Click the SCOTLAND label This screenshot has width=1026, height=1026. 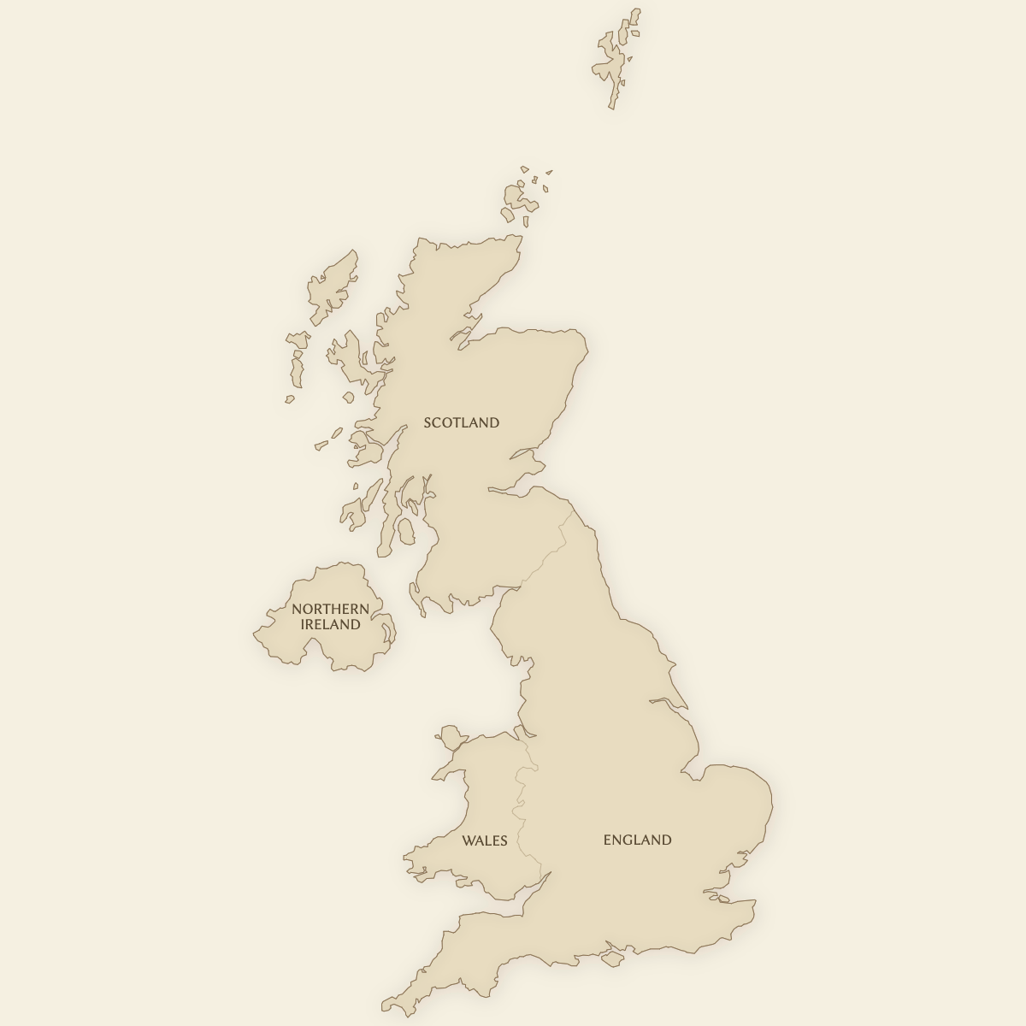click(x=462, y=422)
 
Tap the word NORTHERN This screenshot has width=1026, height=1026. click(x=330, y=609)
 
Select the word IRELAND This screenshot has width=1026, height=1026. click(x=330, y=624)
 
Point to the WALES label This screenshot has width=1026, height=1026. click(x=485, y=840)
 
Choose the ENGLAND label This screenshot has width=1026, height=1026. click(x=637, y=840)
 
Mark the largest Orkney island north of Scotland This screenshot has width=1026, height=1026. click(x=518, y=199)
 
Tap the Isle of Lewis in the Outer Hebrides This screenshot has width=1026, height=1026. click(x=334, y=282)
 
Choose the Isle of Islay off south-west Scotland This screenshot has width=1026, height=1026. click(x=351, y=514)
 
